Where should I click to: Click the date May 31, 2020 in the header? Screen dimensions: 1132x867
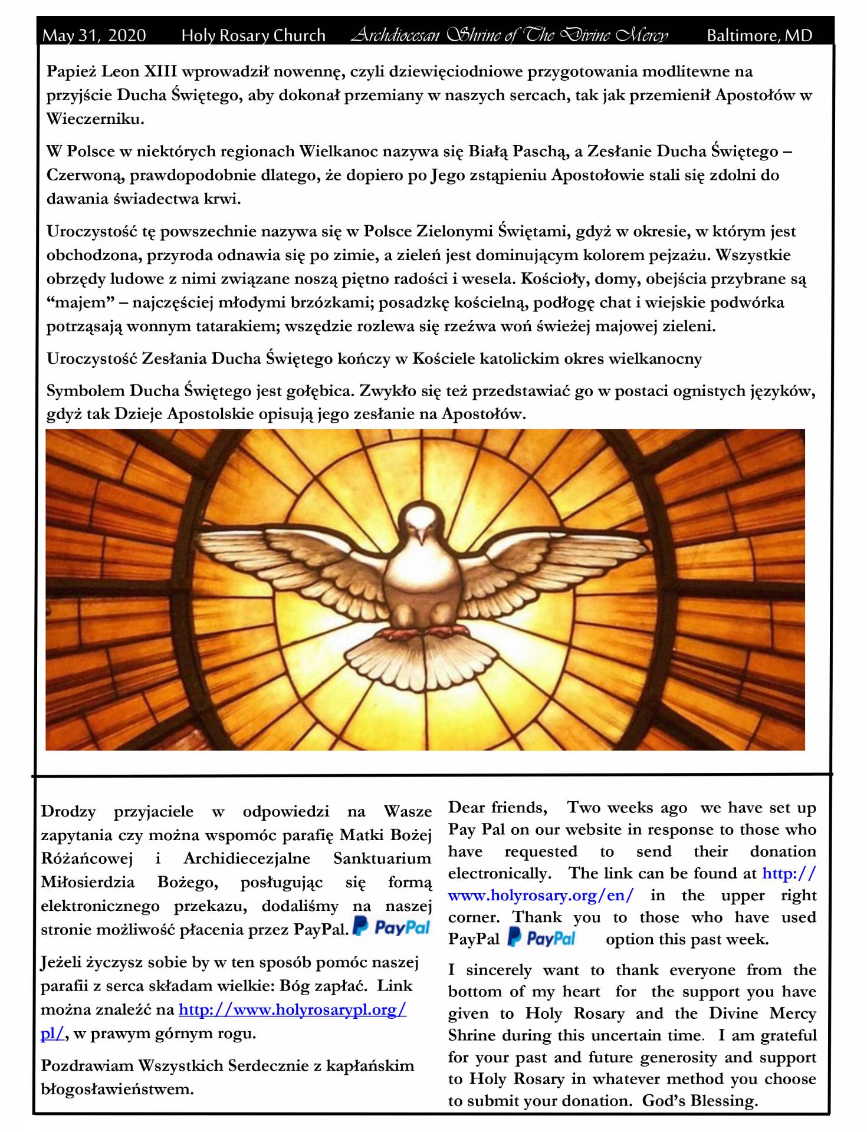point(94,35)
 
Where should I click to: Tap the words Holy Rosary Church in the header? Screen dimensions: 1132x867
point(253,35)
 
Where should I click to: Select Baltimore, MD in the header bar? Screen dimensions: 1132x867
point(759,35)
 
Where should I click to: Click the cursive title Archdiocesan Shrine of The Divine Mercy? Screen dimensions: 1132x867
point(510,35)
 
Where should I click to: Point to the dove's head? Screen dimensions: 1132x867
point(422,519)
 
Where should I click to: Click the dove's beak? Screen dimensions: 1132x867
point(421,536)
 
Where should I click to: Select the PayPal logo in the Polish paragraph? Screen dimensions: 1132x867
point(392,927)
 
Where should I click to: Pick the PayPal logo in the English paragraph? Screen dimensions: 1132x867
point(541,938)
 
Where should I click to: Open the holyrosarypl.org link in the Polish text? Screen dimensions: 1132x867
point(292,1009)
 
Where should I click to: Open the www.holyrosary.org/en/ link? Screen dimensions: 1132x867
point(540,896)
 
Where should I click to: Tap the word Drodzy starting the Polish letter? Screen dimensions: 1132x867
point(68,812)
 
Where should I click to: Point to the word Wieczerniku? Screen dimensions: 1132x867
point(94,119)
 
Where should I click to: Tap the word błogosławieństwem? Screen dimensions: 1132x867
point(117,1089)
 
